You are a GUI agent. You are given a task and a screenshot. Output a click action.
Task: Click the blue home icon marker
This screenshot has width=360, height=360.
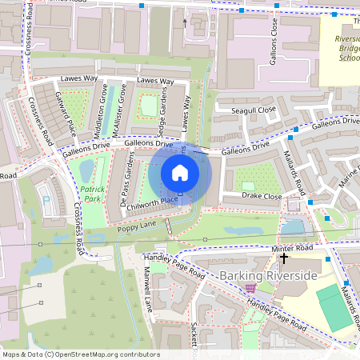pyautogui.click(x=180, y=173)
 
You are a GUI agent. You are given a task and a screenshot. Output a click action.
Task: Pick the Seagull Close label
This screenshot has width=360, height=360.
pyautogui.click(x=253, y=109)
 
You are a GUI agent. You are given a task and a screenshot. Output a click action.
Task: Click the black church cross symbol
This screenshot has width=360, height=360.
pyautogui.click(x=284, y=258)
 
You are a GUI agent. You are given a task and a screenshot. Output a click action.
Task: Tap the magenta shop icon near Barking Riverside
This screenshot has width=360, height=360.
pyautogui.click(x=250, y=288)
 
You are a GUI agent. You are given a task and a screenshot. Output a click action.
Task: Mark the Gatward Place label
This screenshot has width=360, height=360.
pyautogui.click(x=65, y=113)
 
